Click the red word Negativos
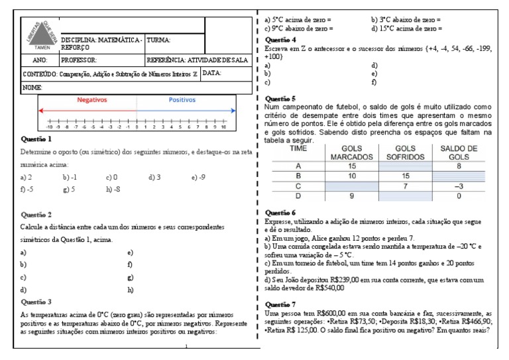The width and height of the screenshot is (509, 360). click(91, 99)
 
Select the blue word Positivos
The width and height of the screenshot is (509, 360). click(178, 99)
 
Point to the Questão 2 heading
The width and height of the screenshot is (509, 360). click(36, 215)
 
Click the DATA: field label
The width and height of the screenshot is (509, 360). click(212, 73)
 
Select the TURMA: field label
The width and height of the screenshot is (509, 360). click(160, 40)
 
